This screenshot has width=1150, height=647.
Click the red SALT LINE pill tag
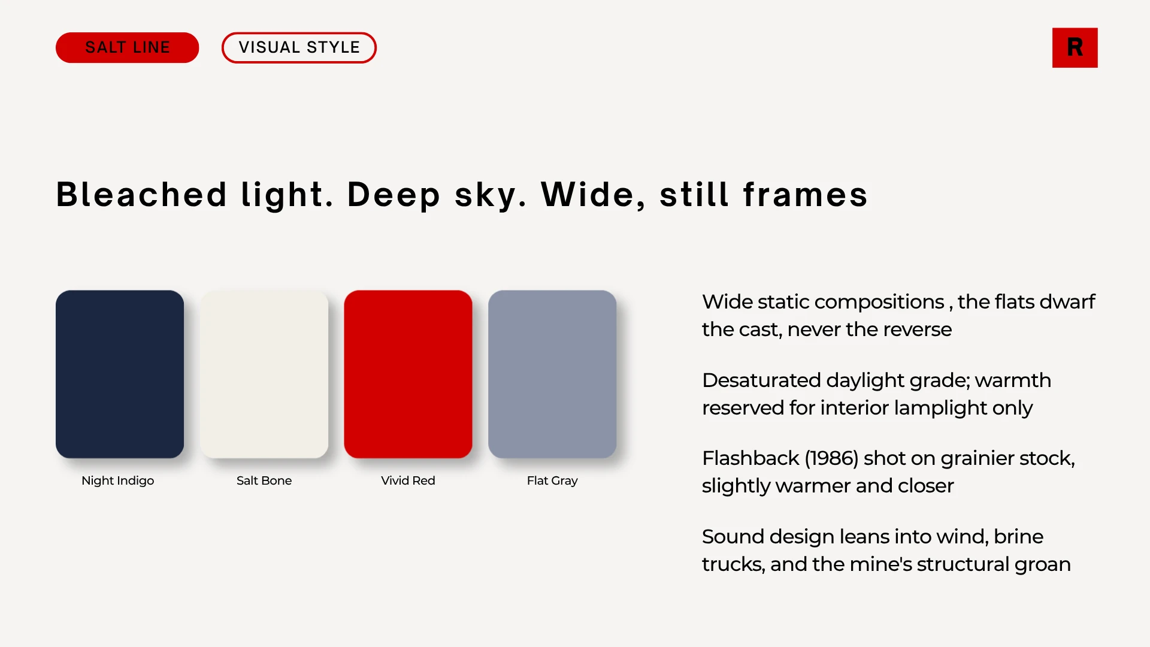click(x=127, y=47)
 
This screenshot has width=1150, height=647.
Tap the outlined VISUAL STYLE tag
click(x=299, y=47)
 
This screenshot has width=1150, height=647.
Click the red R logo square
click(x=1075, y=47)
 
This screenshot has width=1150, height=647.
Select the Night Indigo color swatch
click(x=120, y=374)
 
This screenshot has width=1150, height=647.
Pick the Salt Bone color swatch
click(x=264, y=374)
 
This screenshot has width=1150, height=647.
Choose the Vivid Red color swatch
click(x=408, y=374)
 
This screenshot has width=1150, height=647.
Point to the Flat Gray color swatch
click(x=552, y=374)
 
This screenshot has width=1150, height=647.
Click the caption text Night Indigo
click(x=117, y=480)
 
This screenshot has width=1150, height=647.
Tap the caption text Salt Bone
click(x=264, y=480)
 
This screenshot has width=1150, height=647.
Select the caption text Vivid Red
click(x=408, y=480)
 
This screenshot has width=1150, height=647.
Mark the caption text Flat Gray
click(x=552, y=480)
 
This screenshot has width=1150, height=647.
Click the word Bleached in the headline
click(x=142, y=194)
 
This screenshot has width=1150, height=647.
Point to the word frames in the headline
click(x=806, y=194)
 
